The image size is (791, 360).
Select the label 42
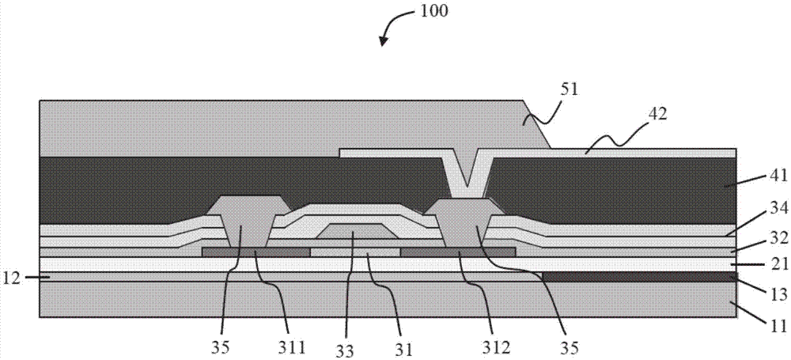656,114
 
